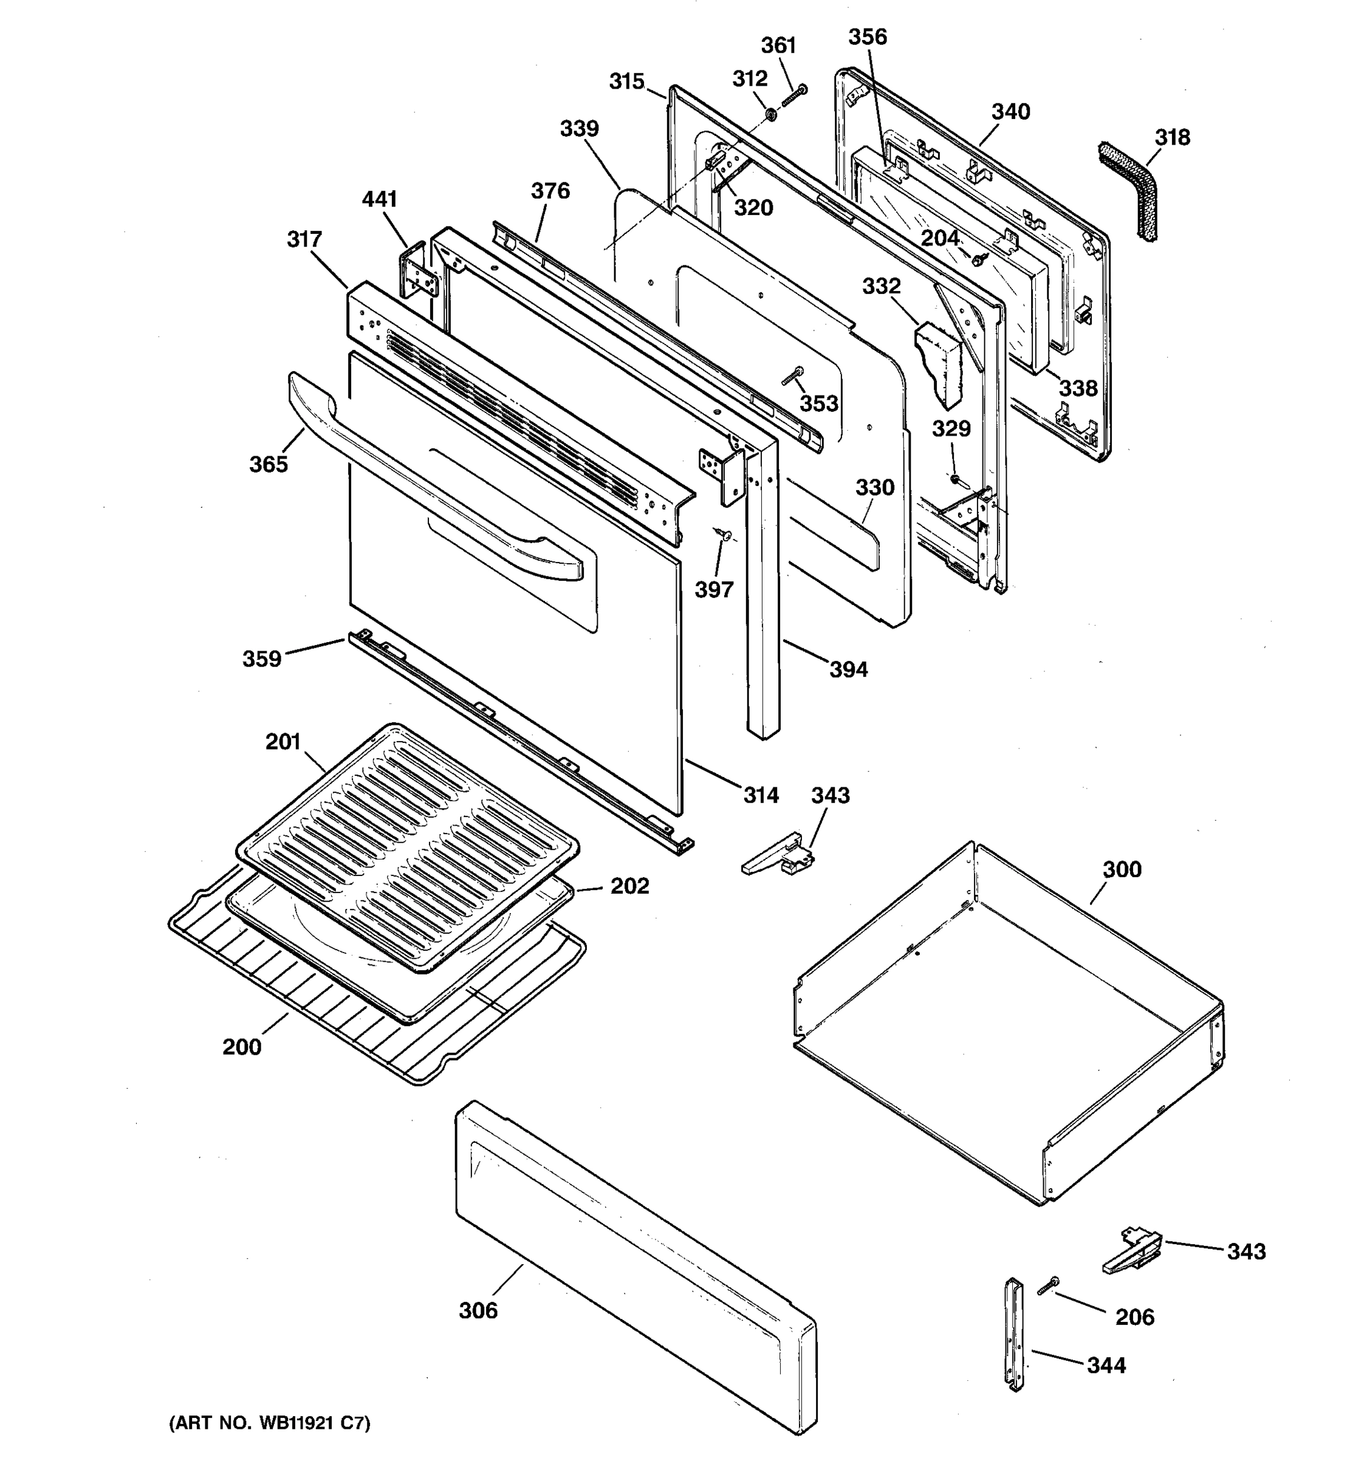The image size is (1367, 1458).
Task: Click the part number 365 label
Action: pyautogui.click(x=269, y=464)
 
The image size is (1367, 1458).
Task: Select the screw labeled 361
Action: pyautogui.click(x=793, y=96)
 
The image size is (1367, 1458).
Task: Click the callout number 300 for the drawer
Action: pyautogui.click(x=1122, y=869)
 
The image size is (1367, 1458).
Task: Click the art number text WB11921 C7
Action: pyautogui.click(x=270, y=1423)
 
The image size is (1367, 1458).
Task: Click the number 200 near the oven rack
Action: pyautogui.click(x=242, y=1047)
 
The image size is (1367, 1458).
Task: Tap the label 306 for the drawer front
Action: pyautogui.click(x=478, y=1310)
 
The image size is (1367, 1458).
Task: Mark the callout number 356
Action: pyautogui.click(x=868, y=36)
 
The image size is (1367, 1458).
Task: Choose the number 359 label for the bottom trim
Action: pyautogui.click(x=262, y=659)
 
